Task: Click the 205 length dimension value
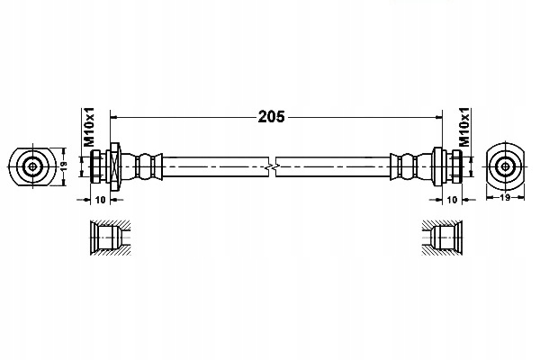click(x=272, y=117)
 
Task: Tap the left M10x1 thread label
click(x=89, y=127)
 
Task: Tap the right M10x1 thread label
click(x=465, y=127)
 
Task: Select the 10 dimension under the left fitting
click(x=100, y=200)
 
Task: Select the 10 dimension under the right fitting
click(x=452, y=200)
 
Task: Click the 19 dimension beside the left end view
click(x=64, y=166)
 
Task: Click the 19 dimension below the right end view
click(x=505, y=198)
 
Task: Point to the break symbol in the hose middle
click(x=272, y=167)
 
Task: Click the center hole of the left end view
click(x=32, y=166)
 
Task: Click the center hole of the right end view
click(x=505, y=166)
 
